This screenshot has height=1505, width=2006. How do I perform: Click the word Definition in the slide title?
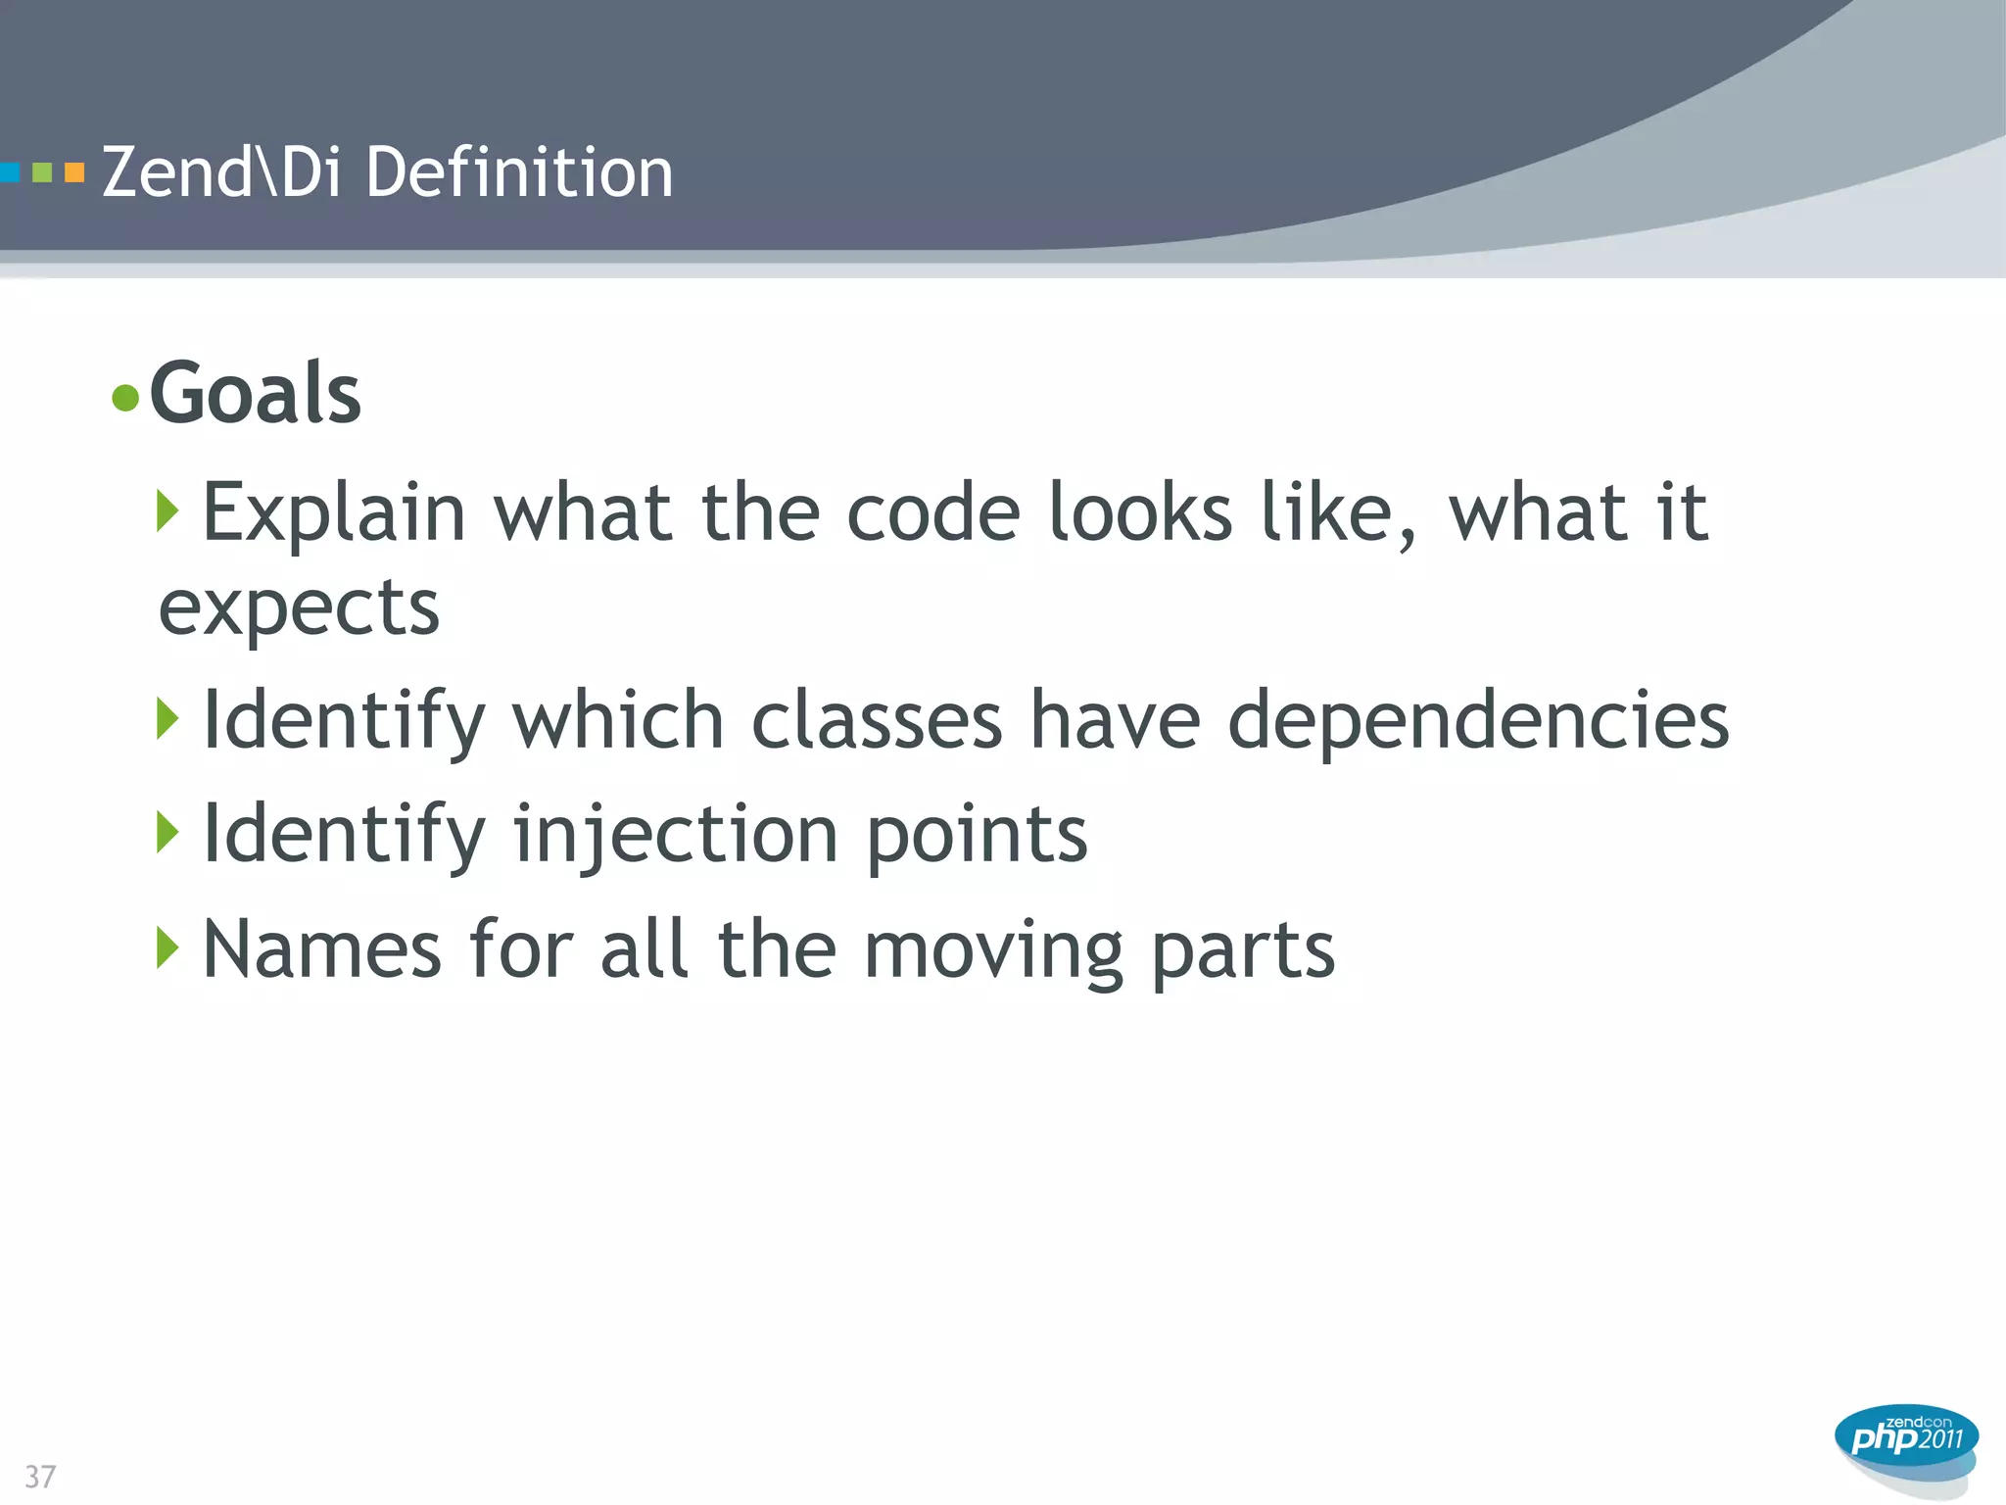[x=519, y=172]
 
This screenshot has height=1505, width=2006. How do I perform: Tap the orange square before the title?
[x=74, y=173]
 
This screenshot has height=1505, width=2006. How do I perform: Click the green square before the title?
[x=42, y=173]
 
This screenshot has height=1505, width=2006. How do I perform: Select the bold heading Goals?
[x=256, y=393]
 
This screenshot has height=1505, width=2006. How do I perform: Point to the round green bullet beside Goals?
[x=125, y=398]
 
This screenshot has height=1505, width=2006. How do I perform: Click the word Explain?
[x=333, y=512]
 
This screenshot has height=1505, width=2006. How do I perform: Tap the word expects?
[x=299, y=608]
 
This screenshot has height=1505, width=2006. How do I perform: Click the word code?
[x=932, y=512]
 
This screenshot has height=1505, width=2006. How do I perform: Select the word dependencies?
[x=1478, y=720]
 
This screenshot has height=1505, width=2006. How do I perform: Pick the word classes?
[x=877, y=720]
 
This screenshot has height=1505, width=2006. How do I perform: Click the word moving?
[x=993, y=950]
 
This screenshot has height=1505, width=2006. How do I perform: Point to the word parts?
[x=1242, y=950]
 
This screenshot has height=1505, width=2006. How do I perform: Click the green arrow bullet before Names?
[x=167, y=947]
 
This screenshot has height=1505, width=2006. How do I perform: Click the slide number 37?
[x=40, y=1476]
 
